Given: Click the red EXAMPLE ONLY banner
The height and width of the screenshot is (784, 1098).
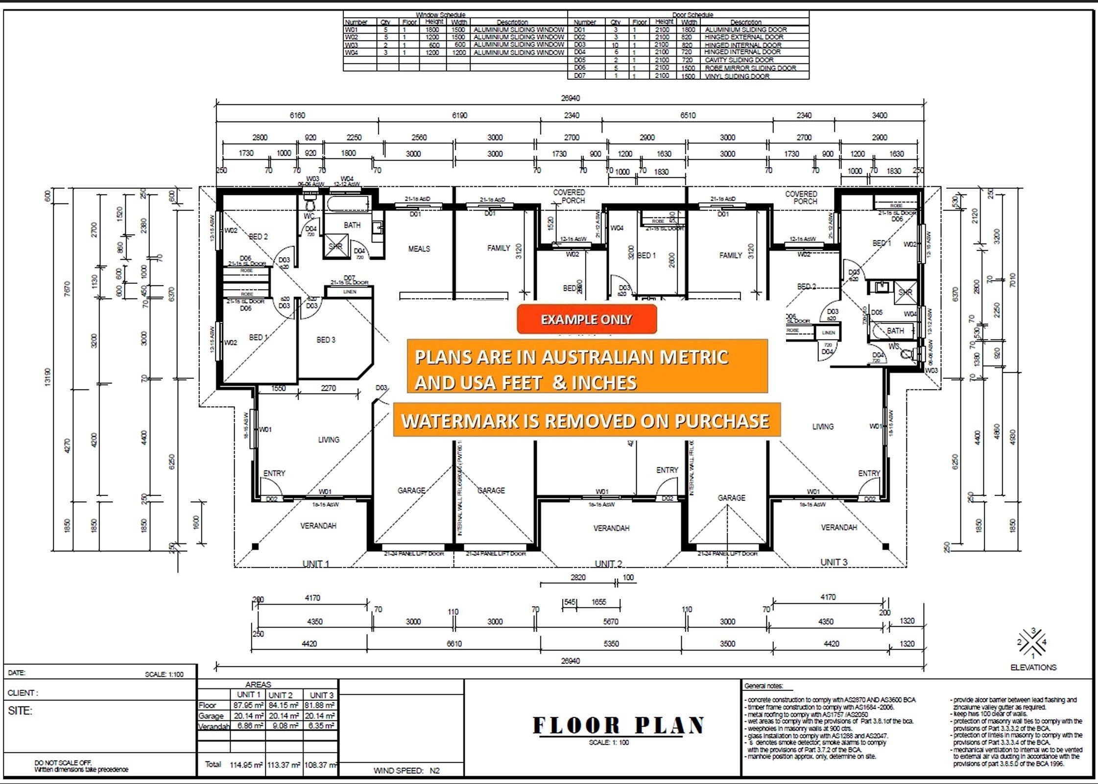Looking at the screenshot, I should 586,319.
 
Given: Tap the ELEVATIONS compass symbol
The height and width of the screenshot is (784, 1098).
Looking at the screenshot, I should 1032,643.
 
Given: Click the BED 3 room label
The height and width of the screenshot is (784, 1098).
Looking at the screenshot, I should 326,340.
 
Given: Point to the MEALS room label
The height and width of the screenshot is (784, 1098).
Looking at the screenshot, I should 419,249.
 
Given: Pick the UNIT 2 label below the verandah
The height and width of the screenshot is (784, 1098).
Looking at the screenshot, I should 608,563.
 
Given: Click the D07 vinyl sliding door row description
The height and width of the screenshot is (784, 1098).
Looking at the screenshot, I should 737,76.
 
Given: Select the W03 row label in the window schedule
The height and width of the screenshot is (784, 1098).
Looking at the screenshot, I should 351,45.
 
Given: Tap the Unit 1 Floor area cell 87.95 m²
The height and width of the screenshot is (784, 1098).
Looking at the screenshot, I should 248,706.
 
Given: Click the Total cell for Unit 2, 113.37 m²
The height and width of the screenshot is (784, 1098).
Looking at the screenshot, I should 284,765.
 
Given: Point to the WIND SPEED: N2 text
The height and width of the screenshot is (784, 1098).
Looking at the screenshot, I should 406,771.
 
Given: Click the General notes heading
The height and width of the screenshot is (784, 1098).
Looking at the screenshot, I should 763,686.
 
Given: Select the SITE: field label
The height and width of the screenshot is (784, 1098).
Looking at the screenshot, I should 20,711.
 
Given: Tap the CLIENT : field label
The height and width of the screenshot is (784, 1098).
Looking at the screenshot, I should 23,693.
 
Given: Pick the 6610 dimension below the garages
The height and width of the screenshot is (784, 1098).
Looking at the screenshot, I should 454,644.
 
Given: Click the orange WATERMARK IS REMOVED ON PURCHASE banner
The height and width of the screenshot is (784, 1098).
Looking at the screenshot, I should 586,420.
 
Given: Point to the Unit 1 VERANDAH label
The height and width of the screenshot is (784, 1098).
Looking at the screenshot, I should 318,526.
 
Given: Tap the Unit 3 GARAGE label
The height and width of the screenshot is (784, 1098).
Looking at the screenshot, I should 731,498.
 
